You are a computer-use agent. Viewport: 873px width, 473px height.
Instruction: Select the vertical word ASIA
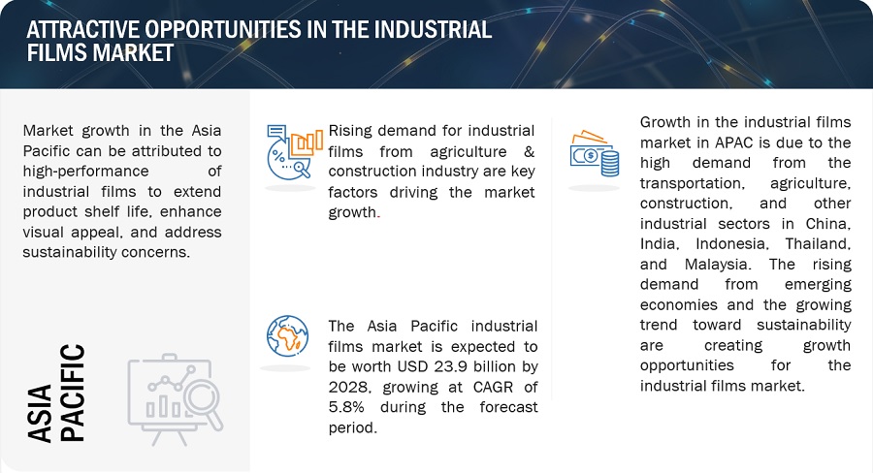point(40,413)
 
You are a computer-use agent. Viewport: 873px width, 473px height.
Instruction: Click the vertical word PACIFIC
point(72,393)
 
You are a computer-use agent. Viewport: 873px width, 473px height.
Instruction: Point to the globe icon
point(287,336)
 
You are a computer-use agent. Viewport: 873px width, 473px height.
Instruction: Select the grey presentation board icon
point(176,399)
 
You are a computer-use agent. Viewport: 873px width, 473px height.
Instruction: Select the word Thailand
point(818,244)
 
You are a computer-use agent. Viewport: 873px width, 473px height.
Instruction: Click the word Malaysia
point(717,265)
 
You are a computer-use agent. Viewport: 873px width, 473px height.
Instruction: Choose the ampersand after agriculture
point(529,151)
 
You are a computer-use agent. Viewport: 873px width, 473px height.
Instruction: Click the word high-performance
point(85,172)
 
